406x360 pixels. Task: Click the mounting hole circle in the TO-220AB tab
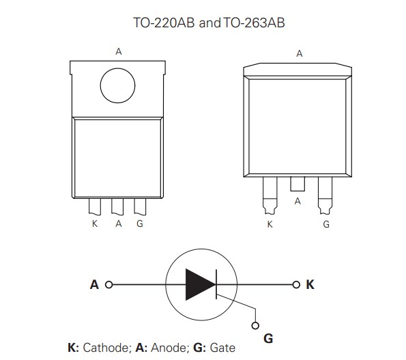[x=119, y=86]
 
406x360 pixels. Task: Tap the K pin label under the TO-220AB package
[x=94, y=224]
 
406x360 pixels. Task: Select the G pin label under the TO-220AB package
[x=139, y=224]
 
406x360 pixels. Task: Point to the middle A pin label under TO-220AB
[x=118, y=224]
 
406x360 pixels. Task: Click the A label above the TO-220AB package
[x=119, y=52]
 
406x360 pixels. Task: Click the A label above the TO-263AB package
[x=299, y=53]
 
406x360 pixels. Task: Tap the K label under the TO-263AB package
[x=270, y=224]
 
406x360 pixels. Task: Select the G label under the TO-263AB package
[x=325, y=224]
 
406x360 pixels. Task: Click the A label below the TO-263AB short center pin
[x=298, y=202]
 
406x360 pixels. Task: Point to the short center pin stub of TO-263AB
[x=298, y=184]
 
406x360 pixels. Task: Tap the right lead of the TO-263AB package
[x=325, y=193]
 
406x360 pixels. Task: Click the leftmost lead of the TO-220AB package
[x=96, y=207]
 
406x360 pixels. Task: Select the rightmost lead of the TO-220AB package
[x=140, y=207]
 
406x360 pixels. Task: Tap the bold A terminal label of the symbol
[x=94, y=283]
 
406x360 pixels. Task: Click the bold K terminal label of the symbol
[x=310, y=283]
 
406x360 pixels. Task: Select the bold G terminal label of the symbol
[x=268, y=337]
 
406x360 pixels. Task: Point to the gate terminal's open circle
[x=256, y=325]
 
